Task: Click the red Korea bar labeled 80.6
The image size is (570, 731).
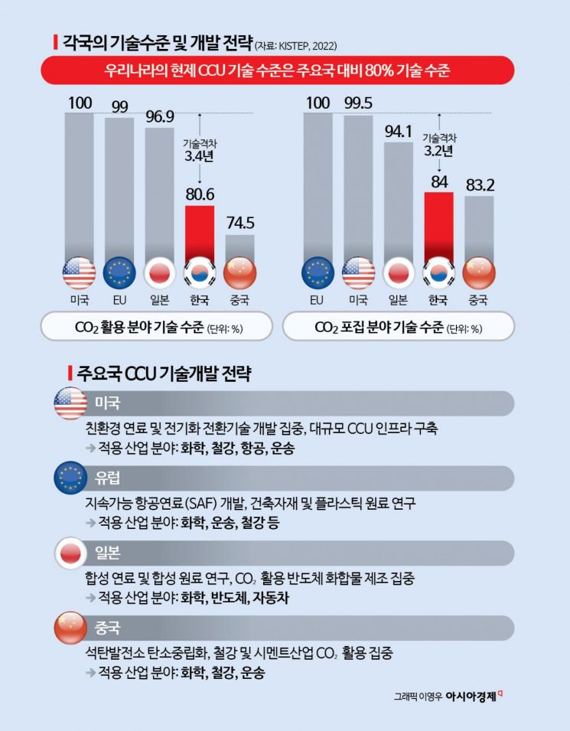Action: coord(200,233)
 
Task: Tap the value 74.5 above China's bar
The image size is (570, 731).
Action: coord(240,224)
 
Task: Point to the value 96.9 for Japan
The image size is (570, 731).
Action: coord(159,116)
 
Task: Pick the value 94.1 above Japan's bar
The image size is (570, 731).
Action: coord(398,131)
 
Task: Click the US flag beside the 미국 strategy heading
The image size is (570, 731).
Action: coord(70,403)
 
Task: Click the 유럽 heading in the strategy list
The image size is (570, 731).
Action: coord(108,478)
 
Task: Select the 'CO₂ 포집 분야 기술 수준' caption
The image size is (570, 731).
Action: coord(398,328)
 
